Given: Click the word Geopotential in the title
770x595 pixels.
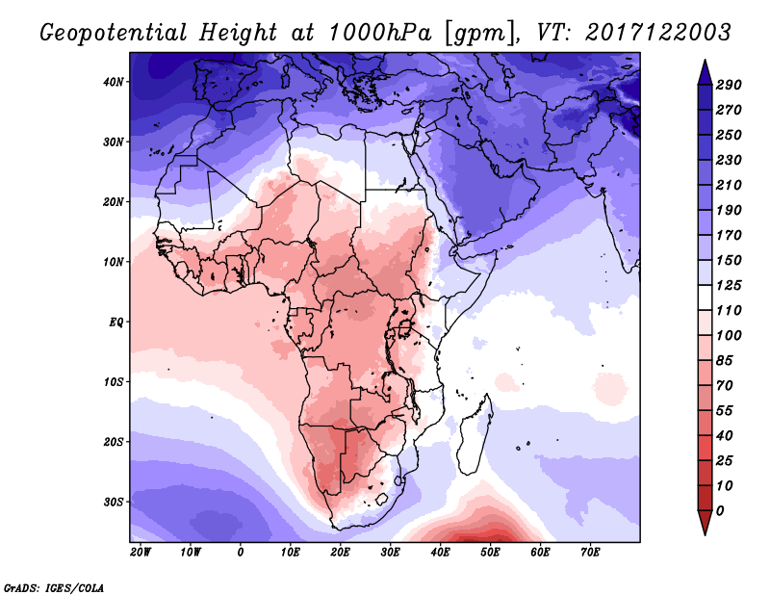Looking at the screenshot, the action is [x=114, y=33].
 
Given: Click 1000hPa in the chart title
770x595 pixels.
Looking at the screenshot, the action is [x=379, y=33].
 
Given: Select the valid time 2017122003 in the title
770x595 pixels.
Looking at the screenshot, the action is [x=658, y=33].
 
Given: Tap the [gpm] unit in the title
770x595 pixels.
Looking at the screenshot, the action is [x=481, y=34].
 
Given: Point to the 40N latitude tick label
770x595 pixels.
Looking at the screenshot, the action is [x=114, y=82].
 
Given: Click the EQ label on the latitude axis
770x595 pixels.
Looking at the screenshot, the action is [x=116, y=323].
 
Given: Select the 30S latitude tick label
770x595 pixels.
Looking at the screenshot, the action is [x=114, y=503].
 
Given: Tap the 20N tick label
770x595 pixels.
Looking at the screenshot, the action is [x=114, y=201].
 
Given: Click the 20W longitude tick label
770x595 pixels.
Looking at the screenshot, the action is [x=141, y=553].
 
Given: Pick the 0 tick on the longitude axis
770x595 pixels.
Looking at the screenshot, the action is [x=240, y=553].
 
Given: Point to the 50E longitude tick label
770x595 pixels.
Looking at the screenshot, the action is [x=490, y=553].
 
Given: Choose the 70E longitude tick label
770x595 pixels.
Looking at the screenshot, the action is [x=590, y=553].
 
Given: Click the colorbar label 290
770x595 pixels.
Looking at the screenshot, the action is [x=729, y=85].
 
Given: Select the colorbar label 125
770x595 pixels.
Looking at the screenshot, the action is [x=729, y=285].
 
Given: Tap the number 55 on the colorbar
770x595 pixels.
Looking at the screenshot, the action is [x=725, y=411].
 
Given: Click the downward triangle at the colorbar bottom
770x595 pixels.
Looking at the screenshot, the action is [x=705, y=521].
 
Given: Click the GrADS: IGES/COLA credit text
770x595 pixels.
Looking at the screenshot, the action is [x=54, y=588].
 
